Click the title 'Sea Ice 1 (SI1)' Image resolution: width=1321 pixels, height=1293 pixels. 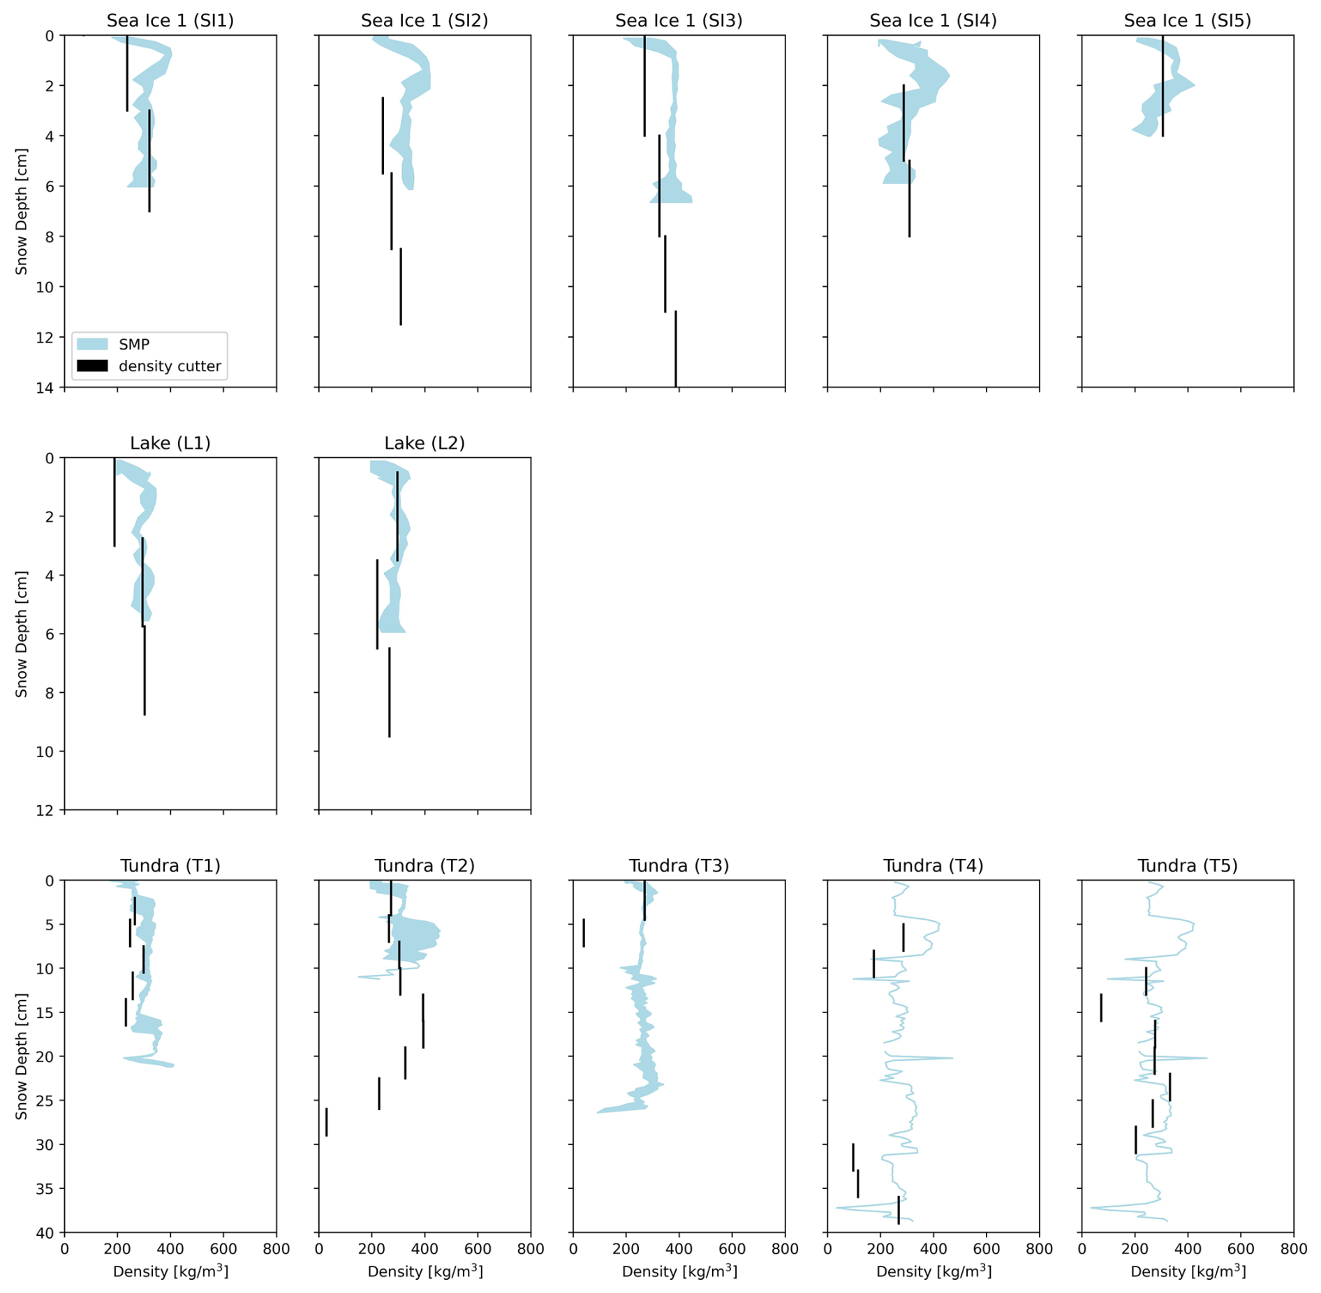(x=170, y=21)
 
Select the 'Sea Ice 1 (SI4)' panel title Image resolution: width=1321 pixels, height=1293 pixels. (x=933, y=21)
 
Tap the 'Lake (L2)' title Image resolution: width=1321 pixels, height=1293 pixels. (x=425, y=443)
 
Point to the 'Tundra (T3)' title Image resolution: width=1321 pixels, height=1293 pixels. (x=679, y=865)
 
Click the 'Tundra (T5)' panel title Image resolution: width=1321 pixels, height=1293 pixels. (x=1187, y=865)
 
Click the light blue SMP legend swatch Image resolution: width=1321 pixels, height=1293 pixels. (x=92, y=344)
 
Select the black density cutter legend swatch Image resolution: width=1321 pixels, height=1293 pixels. (x=92, y=366)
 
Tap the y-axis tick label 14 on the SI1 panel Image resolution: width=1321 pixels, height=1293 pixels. (x=46, y=387)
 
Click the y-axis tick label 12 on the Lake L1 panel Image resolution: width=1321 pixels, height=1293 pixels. (x=46, y=810)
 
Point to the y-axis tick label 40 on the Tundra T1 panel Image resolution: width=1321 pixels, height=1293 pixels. (x=46, y=1232)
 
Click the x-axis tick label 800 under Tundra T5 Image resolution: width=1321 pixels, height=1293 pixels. (x=1293, y=1248)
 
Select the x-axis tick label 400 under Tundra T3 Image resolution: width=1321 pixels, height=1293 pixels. (x=679, y=1248)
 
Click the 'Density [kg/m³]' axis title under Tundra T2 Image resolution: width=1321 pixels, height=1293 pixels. (x=425, y=1271)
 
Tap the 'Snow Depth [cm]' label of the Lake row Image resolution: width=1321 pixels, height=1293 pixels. (x=22, y=634)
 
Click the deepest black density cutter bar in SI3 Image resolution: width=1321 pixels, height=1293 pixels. (x=676, y=349)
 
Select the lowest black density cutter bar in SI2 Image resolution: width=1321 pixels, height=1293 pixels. (x=401, y=287)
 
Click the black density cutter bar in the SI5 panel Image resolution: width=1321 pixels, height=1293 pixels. (x=1163, y=85)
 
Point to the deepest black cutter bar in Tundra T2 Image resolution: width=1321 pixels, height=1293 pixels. (x=326, y=1121)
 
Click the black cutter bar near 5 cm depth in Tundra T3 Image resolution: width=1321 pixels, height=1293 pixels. (x=584, y=933)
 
